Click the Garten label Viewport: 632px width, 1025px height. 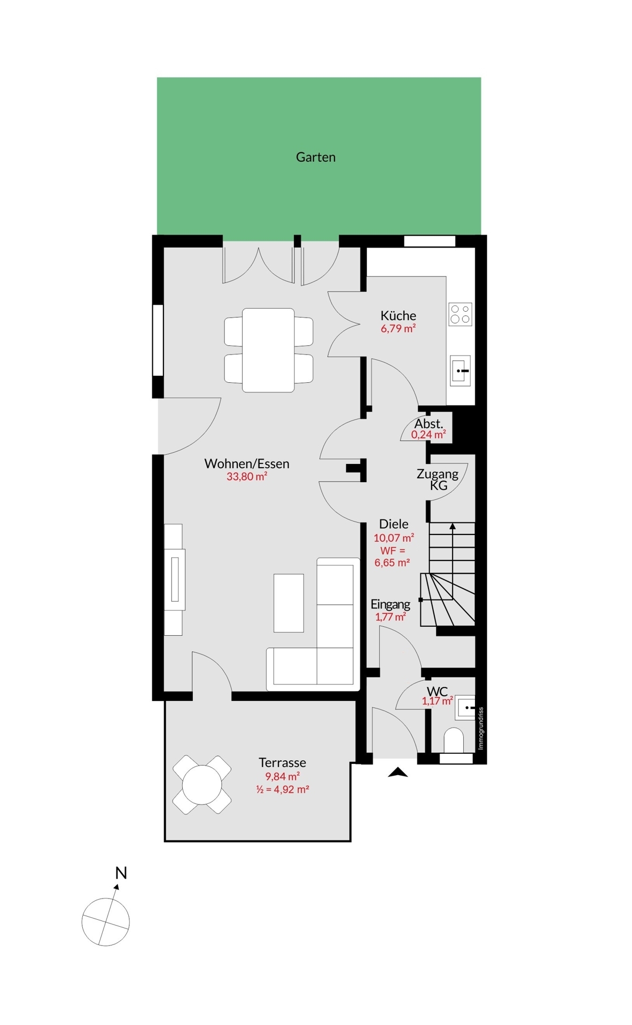[316, 157]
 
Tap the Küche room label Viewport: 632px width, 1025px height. [398, 316]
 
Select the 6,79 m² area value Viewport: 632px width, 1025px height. [398, 329]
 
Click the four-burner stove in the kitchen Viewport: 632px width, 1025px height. [460, 314]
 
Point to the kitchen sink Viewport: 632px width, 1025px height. [461, 370]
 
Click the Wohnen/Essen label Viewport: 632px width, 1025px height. [247, 464]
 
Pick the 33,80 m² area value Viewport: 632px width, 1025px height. [247, 477]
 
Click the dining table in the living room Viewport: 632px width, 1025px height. [268, 350]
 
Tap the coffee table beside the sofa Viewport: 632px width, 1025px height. [288, 603]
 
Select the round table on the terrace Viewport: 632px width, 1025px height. [202, 785]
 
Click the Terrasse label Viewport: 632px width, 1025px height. [283, 762]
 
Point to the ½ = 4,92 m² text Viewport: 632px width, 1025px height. [283, 789]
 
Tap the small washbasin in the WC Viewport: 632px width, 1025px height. [465, 707]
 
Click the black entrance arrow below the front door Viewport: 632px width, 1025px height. [397, 772]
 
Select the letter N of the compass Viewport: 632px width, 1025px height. [121, 873]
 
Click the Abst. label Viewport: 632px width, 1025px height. [428, 424]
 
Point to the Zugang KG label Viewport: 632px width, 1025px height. [438, 479]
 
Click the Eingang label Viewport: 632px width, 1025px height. [391, 604]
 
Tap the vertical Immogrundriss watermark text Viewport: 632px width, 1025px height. [480, 728]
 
